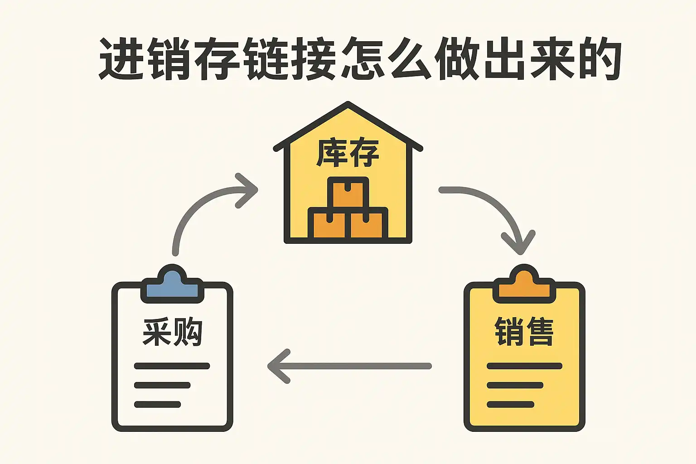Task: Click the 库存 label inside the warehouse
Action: click(x=348, y=153)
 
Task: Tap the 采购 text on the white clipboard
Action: click(x=172, y=331)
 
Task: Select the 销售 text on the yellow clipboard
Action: click(x=524, y=331)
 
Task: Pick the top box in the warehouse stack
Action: click(x=348, y=193)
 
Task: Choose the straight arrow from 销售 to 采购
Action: click(x=349, y=366)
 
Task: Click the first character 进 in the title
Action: click(x=121, y=59)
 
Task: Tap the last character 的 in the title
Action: click(x=598, y=59)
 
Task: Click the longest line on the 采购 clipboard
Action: click(x=172, y=366)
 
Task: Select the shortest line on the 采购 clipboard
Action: click(x=158, y=404)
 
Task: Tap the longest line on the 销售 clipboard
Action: click(x=524, y=366)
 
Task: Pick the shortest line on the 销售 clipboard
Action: click(x=511, y=404)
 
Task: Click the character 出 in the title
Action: click(x=504, y=59)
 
